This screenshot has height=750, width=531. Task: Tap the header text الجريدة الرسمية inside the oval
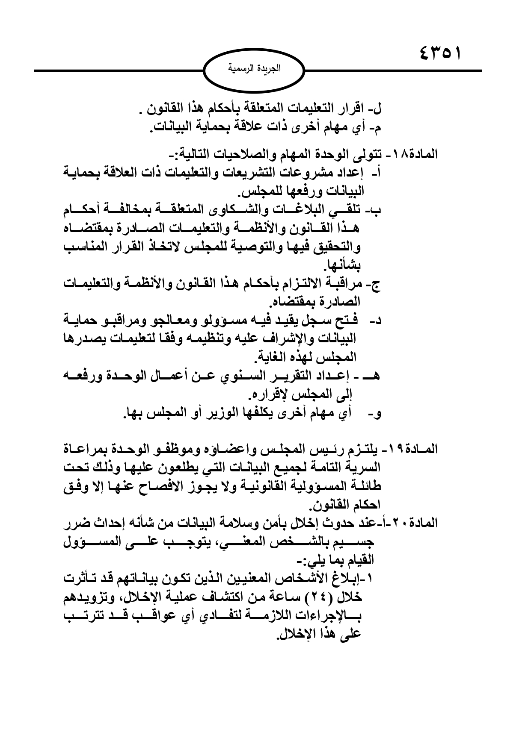[x=254, y=69]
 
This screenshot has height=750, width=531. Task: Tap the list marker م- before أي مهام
[x=377, y=127]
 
